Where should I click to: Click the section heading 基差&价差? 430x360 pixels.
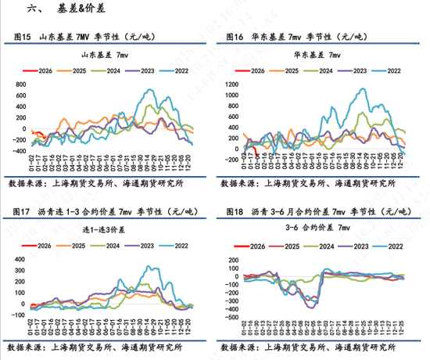click(x=84, y=9)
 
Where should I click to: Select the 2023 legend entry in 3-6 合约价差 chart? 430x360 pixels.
click(x=353, y=246)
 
